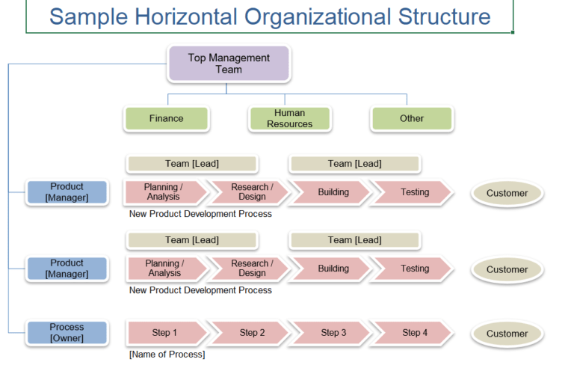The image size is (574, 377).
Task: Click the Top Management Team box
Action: (x=229, y=64)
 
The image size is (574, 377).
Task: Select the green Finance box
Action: (x=166, y=118)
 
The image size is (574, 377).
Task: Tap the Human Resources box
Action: (x=289, y=118)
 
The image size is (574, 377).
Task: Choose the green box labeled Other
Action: (x=411, y=118)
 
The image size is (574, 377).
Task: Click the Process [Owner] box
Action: (x=67, y=333)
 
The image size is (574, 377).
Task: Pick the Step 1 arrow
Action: (x=164, y=333)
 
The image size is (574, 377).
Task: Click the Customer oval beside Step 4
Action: (x=507, y=334)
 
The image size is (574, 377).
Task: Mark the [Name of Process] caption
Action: (x=167, y=354)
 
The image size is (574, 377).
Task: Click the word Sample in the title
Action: (x=88, y=16)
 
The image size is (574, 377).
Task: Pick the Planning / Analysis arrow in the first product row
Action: (x=164, y=192)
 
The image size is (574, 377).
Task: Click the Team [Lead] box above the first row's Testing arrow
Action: (x=354, y=164)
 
